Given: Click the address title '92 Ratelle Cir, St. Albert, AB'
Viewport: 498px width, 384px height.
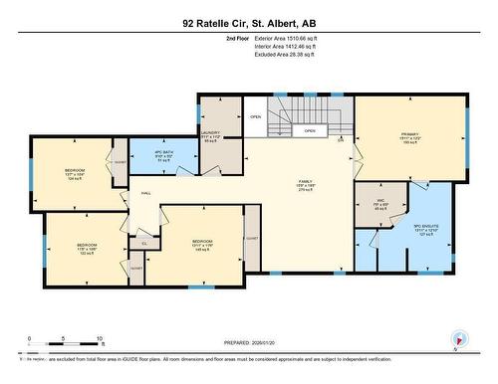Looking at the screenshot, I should point(248,22).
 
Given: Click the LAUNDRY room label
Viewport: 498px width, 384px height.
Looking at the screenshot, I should point(209,136).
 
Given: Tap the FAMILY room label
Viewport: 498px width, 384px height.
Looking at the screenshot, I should point(278,186).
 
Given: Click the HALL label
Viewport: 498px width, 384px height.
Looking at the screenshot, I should point(146,193).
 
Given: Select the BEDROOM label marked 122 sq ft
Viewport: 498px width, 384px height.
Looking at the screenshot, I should point(88,249).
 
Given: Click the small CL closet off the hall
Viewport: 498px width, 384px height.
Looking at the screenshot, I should point(143,242).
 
